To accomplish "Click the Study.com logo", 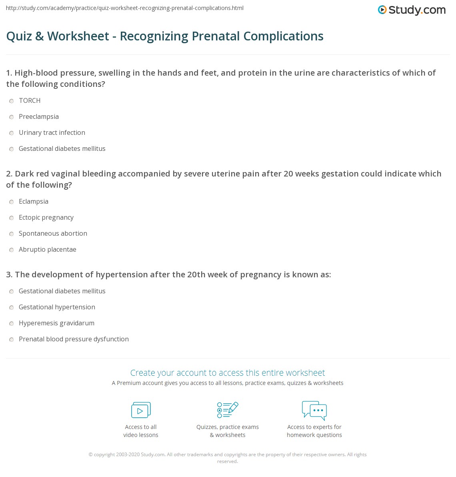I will tap(412, 10).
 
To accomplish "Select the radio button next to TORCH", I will tap(12, 101).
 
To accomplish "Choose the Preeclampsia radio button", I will tap(12, 117).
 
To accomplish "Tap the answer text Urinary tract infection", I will tap(52, 132).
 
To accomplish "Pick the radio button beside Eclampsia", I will tap(12, 202).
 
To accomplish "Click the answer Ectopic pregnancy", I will tap(46, 217).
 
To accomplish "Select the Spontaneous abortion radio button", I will tap(12, 234).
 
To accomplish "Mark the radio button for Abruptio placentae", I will tap(12, 250).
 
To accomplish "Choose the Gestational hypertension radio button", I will tap(12, 308).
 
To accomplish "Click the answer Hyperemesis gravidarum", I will tap(56, 323).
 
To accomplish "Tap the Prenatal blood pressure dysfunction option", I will tap(74, 339).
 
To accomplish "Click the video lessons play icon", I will tap(141, 410).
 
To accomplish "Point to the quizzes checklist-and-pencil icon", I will tap(228, 410).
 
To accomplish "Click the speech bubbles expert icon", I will tap(314, 410).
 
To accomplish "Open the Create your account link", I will tap(228, 373).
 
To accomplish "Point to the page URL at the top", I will tap(125, 8).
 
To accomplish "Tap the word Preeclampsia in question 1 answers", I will tap(39, 116).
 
